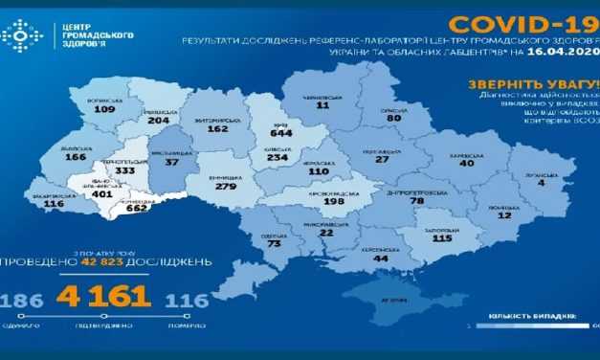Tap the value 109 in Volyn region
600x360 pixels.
click(x=105, y=109)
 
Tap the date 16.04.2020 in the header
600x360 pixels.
click(x=565, y=57)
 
